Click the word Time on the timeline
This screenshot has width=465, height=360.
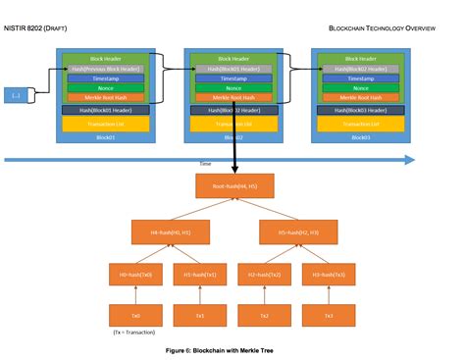(x=232, y=165)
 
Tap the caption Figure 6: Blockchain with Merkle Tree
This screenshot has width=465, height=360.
(x=232, y=350)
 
